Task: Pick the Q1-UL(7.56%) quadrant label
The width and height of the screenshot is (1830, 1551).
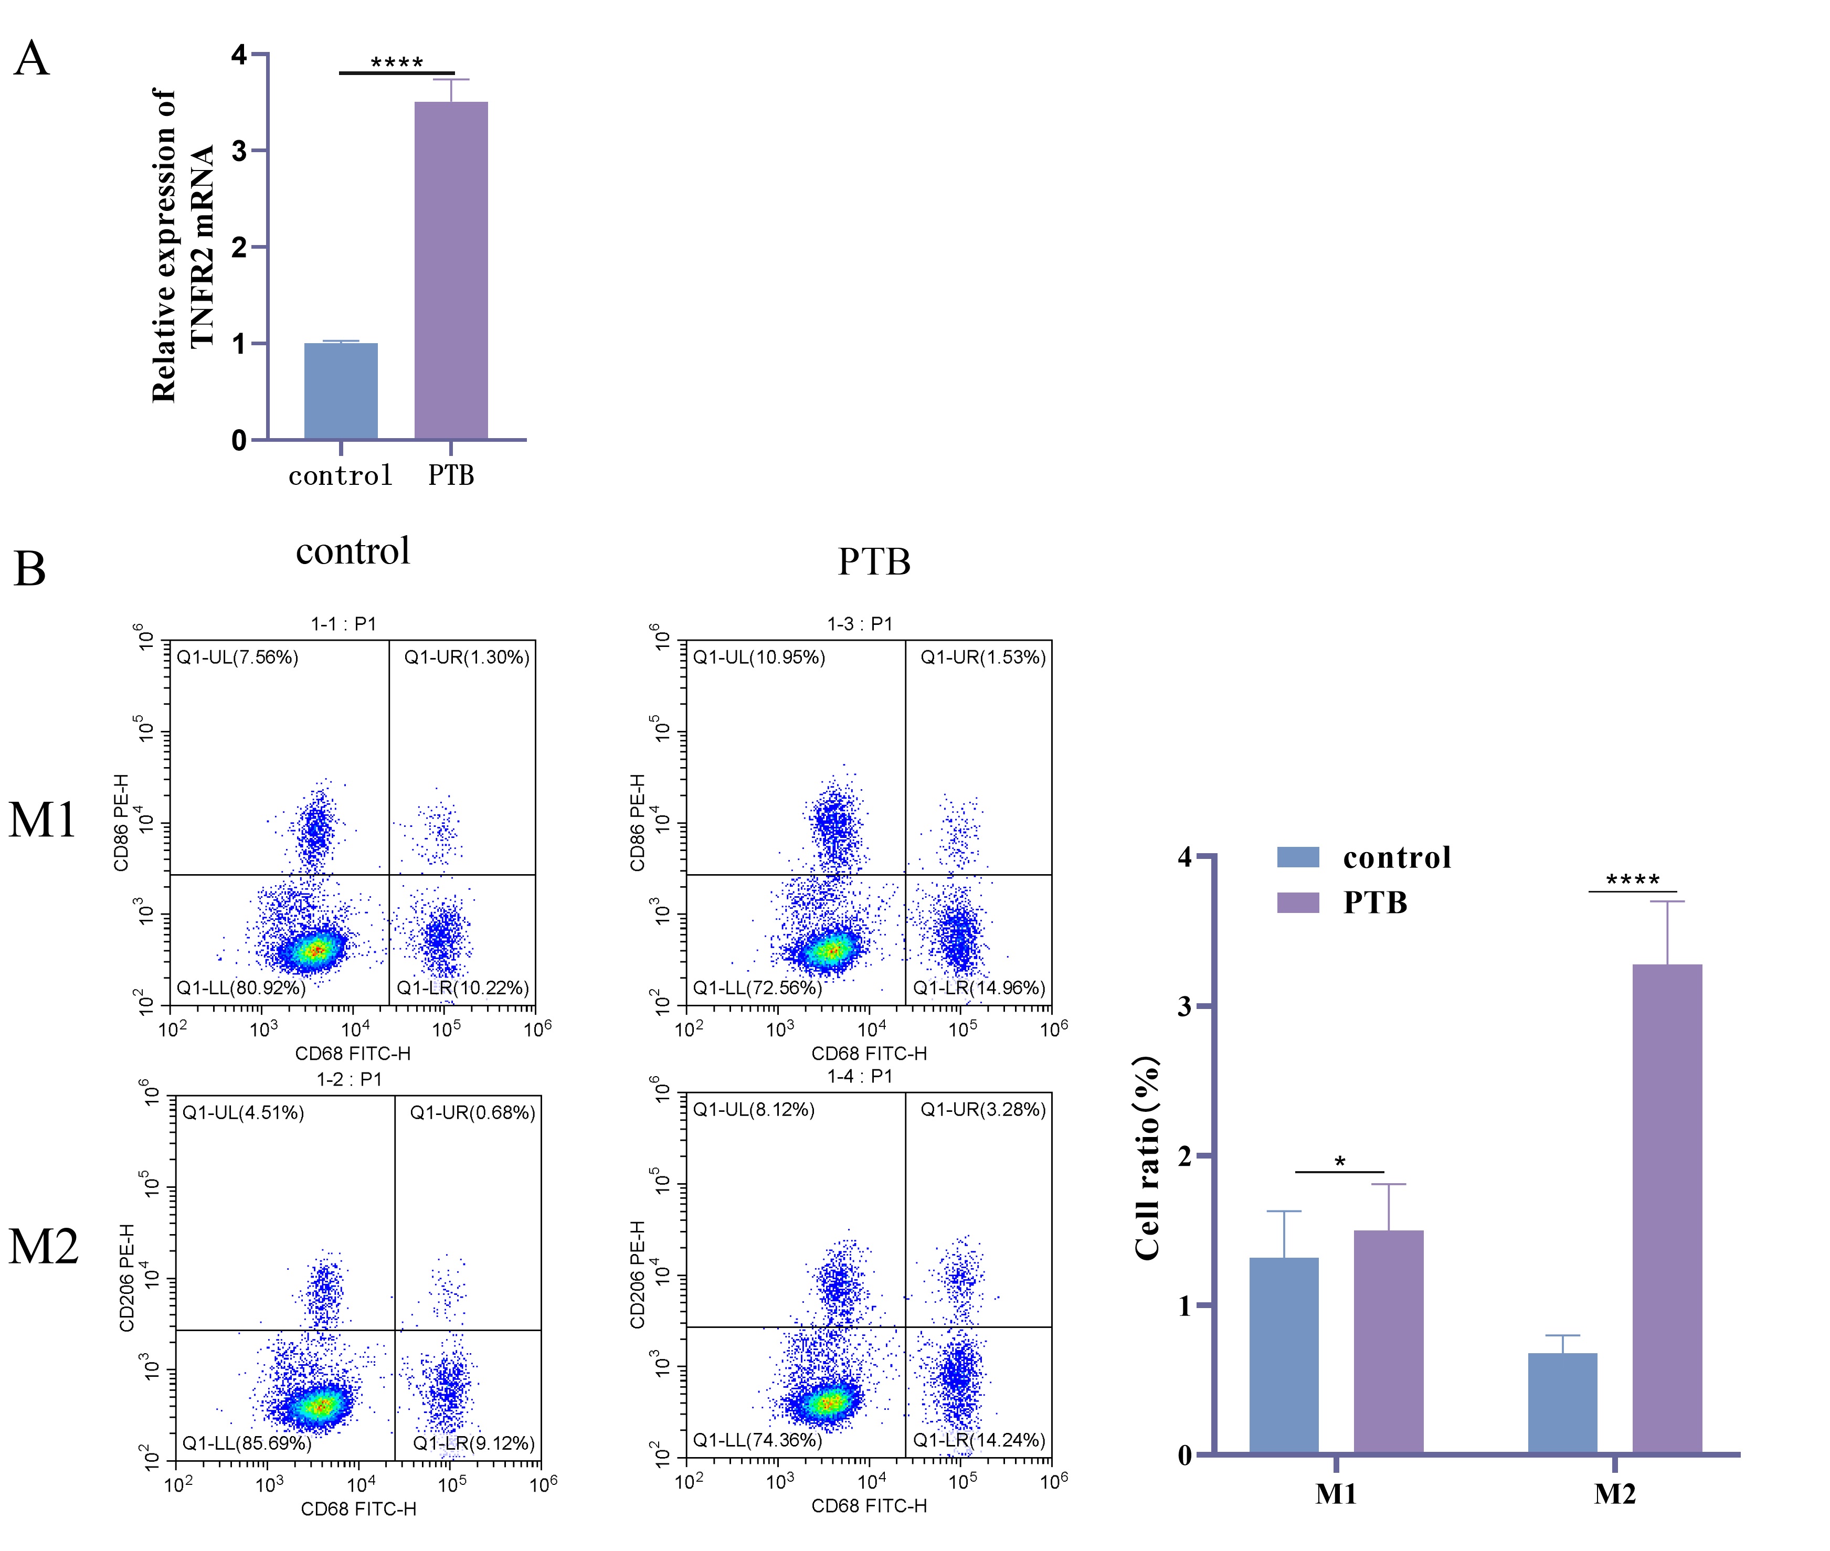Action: pyautogui.click(x=237, y=657)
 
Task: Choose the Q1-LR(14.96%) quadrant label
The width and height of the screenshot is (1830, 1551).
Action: pyautogui.click(x=979, y=987)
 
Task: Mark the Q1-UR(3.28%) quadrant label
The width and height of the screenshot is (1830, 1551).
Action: pyautogui.click(x=983, y=1110)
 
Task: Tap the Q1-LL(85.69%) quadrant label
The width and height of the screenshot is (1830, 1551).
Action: pyautogui.click(x=246, y=1443)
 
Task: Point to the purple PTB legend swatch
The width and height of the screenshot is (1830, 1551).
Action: pyautogui.click(x=1298, y=902)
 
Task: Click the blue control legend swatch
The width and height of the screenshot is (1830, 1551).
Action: pyautogui.click(x=1298, y=857)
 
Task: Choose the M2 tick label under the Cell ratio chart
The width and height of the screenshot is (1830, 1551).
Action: pyautogui.click(x=1614, y=1494)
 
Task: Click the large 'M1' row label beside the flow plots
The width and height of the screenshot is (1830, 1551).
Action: pyautogui.click(x=42, y=820)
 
